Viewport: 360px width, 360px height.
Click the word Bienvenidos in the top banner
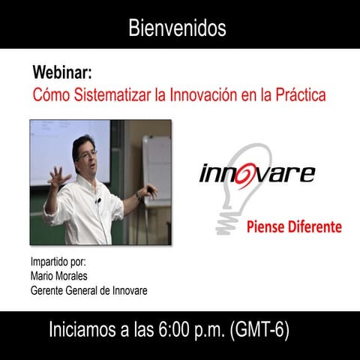[x=177, y=28]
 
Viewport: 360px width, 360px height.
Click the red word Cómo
[x=48, y=96]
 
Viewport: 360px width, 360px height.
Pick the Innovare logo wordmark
[x=256, y=173]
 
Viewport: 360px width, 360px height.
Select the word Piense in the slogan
[x=265, y=226]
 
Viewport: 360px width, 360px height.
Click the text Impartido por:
[x=58, y=262]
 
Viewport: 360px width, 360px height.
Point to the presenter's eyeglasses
[x=87, y=154]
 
